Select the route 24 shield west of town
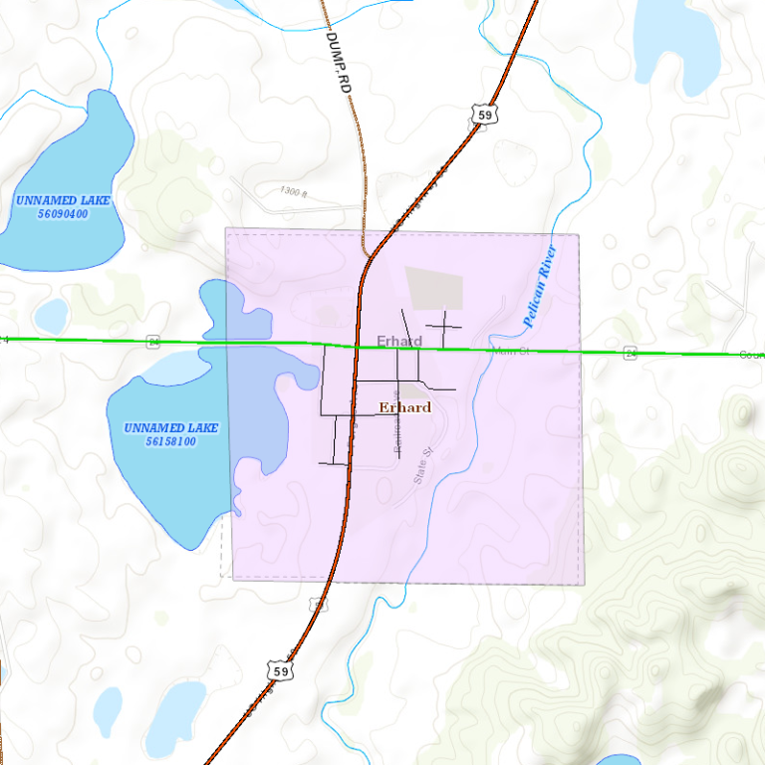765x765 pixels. (x=152, y=341)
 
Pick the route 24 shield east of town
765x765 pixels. (x=631, y=353)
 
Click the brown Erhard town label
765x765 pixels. (x=405, y=407)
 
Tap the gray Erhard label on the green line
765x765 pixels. (x=398, y=342)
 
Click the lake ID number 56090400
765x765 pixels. (x=62, y=214)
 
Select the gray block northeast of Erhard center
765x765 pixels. (x=435, y=288)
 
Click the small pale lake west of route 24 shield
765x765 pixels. (x=50, y=317)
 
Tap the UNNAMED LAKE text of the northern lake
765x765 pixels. (x=63, y=200)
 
